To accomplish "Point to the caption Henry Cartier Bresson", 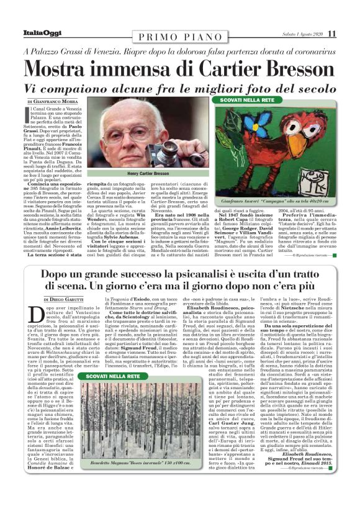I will pos(148,174).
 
